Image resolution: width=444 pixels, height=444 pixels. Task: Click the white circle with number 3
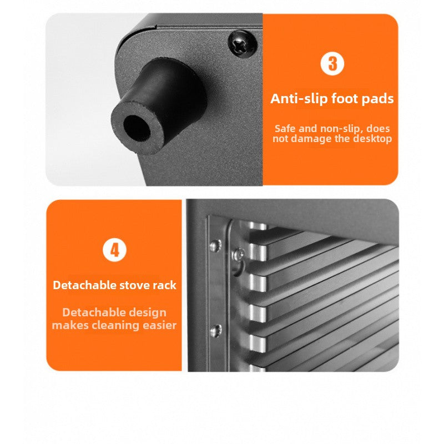click(332, 63)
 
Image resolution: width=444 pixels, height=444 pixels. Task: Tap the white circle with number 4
click(114, 250)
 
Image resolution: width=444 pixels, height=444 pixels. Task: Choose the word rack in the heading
click(164, 285)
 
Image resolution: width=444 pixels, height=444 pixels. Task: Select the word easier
click(160, 325)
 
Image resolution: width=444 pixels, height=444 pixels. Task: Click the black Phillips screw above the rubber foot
click(243, 44)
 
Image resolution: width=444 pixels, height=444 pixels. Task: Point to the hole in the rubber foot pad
click(137, 129)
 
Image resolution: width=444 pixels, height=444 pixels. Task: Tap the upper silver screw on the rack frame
click(215, 245)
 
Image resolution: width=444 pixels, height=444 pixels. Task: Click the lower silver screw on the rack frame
click(216, 330)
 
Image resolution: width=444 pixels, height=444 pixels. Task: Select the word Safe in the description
click(285, 129)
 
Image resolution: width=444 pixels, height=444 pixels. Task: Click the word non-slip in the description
click(341, 129)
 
